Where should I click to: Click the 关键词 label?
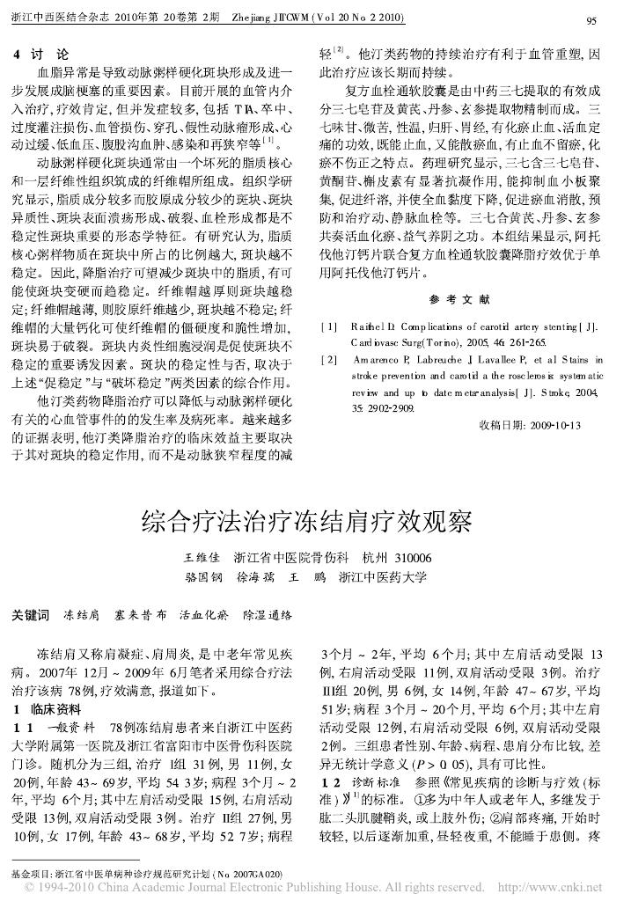[31, 612]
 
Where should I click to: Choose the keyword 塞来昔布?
[140, 612]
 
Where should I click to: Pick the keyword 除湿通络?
[267, 612]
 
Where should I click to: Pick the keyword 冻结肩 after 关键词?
[81, 612]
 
